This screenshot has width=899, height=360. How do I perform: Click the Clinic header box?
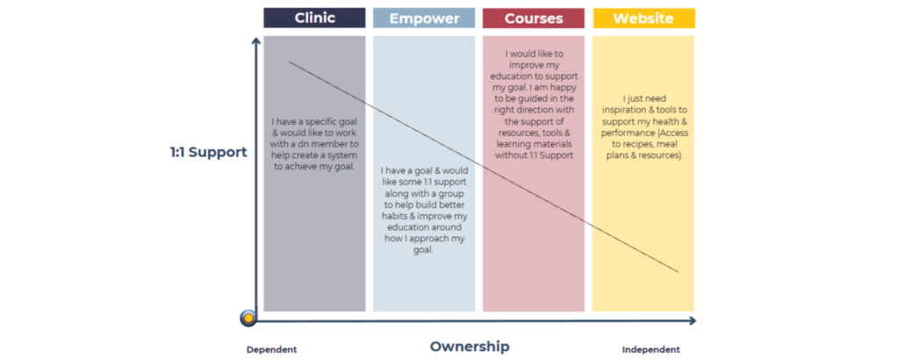click(x=314, y=18)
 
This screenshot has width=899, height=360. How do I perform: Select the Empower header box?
click(x=424, y=18)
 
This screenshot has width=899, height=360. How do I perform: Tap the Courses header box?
click(x=533, y=18)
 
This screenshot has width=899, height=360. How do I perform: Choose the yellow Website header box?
click(x=644, y=18)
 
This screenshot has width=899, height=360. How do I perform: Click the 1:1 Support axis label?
click(x=209, y=153)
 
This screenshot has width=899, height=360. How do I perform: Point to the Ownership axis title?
click(x=470, y=346)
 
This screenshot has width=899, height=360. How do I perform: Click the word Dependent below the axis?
click(x=272, y=349)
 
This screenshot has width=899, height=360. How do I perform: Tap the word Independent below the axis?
click(x=651, y=349)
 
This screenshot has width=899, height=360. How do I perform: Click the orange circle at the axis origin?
click(x=248, y=318)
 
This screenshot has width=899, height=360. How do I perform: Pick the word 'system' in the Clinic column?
click(x=342, y=155)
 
